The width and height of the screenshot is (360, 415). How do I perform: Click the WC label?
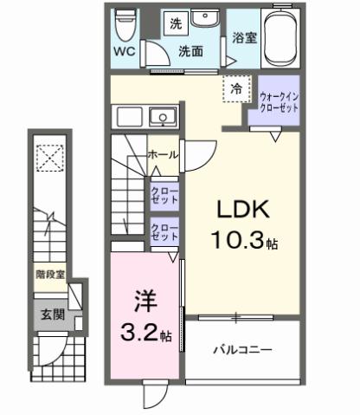124,51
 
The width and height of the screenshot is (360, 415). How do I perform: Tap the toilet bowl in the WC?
126,23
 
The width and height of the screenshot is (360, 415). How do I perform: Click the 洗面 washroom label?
190,51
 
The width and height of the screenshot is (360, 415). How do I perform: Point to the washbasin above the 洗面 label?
207,21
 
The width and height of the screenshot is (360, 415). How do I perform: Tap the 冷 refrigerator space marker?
235,88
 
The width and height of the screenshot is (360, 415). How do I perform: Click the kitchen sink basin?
160,117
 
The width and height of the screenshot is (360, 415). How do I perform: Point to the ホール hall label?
163,154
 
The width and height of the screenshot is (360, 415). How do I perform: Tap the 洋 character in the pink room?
144,302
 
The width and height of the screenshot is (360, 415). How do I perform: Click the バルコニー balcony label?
243,351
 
